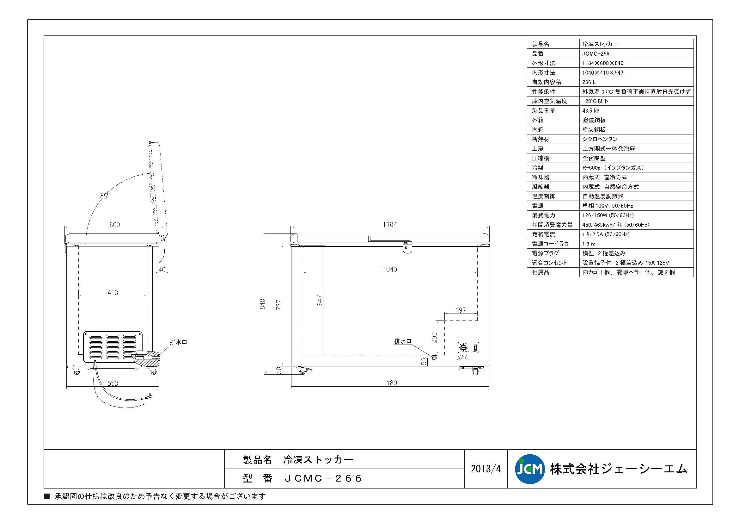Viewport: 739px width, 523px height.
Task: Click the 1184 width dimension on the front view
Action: [x=389, y=224]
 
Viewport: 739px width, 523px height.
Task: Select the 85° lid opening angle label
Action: [x=104, y=196]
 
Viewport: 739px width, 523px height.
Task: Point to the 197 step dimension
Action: [x=461, y=310]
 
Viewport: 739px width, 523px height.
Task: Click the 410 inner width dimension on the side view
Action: [x=113, y=293]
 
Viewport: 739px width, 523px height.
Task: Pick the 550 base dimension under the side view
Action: [x=113, y=383]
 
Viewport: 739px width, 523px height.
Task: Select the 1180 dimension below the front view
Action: [x=390, y=383]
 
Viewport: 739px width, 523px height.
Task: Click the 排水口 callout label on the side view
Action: [x=178, y=342]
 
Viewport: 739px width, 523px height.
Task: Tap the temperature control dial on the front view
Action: [x=463, y=348]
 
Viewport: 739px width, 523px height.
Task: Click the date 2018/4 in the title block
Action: [x=486, y=469]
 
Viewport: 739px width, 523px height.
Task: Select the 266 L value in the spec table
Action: [x=589, y=82]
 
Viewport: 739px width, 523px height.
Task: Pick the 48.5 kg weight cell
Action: [x=591, y=110]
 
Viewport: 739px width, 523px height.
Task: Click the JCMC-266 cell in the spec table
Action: [x=595, y=53]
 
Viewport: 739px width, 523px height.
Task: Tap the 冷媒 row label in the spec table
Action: [x=538, y=168]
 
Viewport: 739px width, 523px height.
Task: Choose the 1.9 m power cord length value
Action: [x=589, y=244]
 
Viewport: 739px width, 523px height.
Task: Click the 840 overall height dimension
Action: [x=263, y=304]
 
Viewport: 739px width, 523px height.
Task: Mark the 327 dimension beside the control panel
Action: [x=461, y=357]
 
